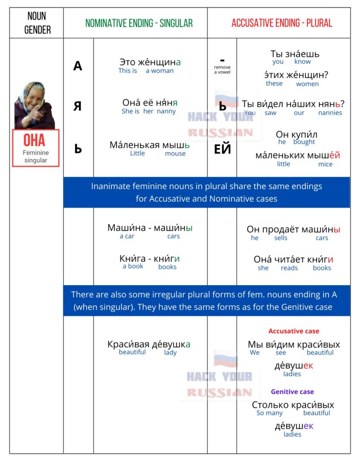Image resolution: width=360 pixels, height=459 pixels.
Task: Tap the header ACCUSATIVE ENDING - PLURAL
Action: [282, 23]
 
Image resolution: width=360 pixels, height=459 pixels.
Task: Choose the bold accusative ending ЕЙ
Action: [223, 149]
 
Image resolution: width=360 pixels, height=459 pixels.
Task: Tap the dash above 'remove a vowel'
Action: [222, 60]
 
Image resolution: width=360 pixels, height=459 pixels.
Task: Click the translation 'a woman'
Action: [159, 71]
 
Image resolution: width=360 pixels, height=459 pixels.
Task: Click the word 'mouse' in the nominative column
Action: [175, 153]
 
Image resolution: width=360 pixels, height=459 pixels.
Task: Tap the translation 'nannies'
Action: [330, 113]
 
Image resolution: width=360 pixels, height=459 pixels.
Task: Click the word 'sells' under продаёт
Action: [281, 238]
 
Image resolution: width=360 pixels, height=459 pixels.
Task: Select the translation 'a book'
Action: [133, 266]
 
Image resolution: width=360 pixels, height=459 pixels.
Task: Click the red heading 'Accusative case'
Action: [294, 331]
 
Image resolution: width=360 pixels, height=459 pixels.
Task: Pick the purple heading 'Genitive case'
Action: [292, 392]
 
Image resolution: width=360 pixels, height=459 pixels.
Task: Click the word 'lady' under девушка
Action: [170, 353]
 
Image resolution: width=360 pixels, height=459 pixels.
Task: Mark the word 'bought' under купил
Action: [304, 142]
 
